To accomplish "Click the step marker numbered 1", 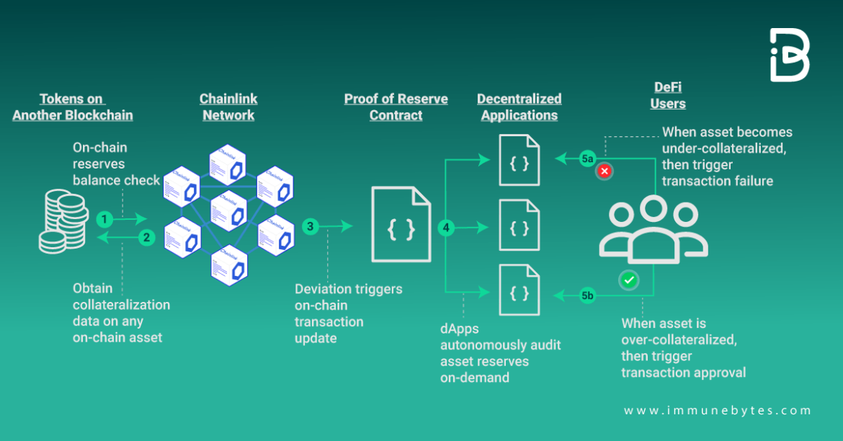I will point(105,218).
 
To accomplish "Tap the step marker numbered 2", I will point(146,236).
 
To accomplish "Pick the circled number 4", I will point(446,228).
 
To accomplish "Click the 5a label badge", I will point(588,158).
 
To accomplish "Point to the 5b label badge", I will point(588,295).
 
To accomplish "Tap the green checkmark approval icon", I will point(630,280).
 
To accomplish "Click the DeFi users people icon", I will point(653,231).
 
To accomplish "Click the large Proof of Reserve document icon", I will point(401,224).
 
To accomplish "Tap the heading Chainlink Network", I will point(228,107).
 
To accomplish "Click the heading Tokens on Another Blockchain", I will point(72,107).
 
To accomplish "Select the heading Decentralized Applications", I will point(519,107).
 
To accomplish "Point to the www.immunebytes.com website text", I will point(717,411).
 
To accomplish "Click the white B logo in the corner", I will point(790,55).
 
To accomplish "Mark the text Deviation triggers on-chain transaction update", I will point(348,313).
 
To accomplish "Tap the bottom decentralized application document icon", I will point(519,291).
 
